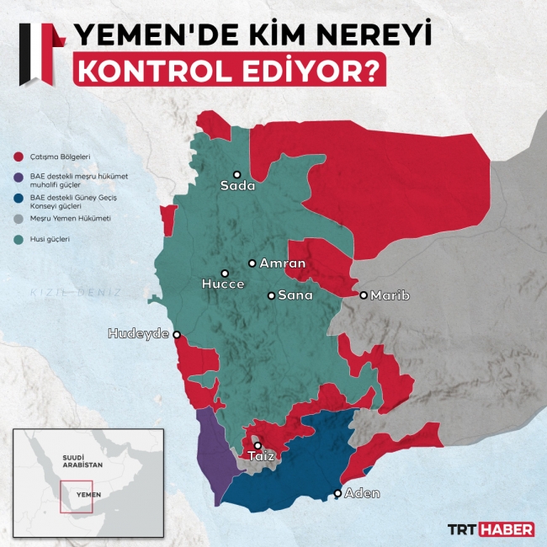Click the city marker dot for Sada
(x=237, y=174)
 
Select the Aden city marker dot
(x=338, y=493)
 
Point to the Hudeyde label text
(x=138, y=334)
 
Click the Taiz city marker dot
(x=258, y=446)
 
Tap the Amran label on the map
(x=282, y=263)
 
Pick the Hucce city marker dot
(x=225, y=273)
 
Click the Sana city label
(x=295, y=295)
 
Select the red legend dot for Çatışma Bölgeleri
(x=18, y=156)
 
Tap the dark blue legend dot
(x=18, y=199)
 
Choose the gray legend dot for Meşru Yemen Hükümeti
(x=18, y=219)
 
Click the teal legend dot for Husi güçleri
(x=18, y=239)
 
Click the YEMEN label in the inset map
(x=88, y=495)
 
